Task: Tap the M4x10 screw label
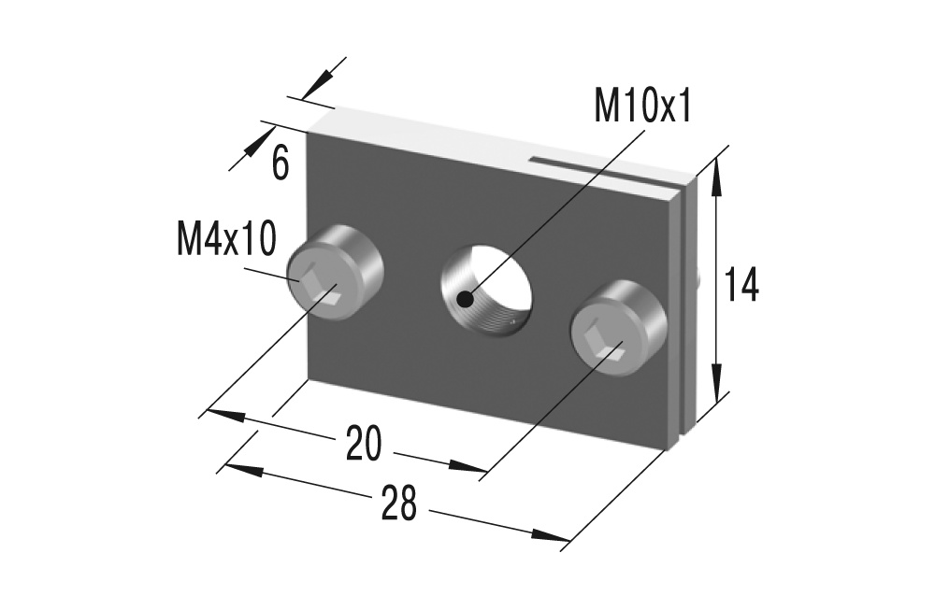tap(225, 240)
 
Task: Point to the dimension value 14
tap(741, 285)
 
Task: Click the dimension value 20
tap(364, 444)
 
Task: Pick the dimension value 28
tap(399, 505)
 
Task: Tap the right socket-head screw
tap(618, 329)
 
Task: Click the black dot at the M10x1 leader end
tap(464, 299)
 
